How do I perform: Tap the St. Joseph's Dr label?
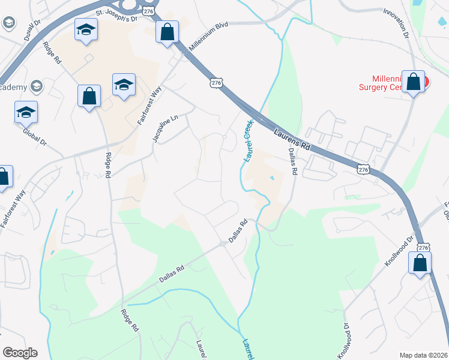[116, 14]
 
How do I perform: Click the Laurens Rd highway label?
[292, 139]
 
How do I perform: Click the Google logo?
[20, 353]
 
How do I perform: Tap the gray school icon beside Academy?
[37, 87]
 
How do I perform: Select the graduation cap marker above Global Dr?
[26, 112]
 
